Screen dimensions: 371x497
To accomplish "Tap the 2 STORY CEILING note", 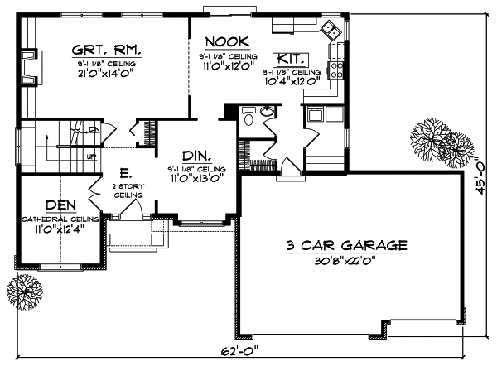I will tap(125, 190).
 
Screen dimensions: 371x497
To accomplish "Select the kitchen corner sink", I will tap(332, 31).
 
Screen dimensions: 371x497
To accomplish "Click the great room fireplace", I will tap(31, 65).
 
